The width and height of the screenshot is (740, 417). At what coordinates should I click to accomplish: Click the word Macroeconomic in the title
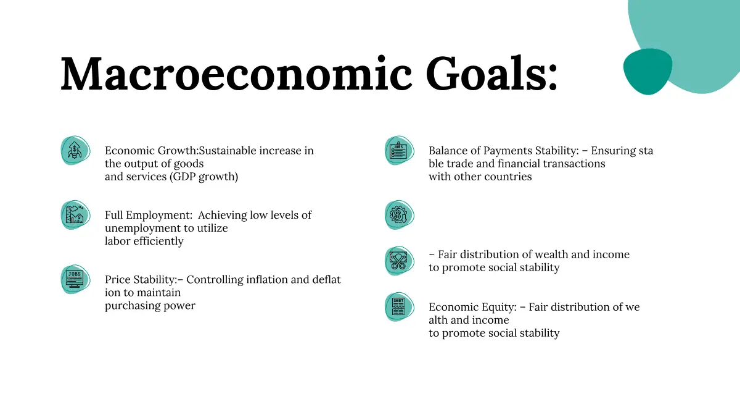click(236, 74)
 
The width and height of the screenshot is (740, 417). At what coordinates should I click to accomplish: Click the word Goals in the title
click(491, 73)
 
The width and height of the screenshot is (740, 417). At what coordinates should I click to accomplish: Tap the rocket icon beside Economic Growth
click(75, 150)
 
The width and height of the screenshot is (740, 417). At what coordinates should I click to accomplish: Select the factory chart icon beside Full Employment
click(75, 215)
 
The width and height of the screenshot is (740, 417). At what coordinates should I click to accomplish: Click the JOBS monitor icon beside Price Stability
click(75, 279)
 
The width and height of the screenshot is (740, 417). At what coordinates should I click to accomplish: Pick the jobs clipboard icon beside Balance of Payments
click(400, 150)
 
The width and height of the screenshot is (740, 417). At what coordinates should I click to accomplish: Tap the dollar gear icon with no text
click(400, 215)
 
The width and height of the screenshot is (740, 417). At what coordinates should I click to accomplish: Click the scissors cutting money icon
click(400, 261)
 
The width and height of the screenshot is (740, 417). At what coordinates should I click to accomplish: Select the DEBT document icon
click(400, 307)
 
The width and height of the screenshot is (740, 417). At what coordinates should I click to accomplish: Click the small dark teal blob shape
click(647, 71)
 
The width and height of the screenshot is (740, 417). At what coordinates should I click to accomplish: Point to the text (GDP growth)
click(204, 177)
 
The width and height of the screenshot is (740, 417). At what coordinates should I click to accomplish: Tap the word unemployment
click(142, 229)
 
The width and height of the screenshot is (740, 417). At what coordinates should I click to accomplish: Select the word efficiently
click(158, 242)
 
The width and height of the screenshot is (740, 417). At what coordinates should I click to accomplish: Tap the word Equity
click(499, 308)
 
